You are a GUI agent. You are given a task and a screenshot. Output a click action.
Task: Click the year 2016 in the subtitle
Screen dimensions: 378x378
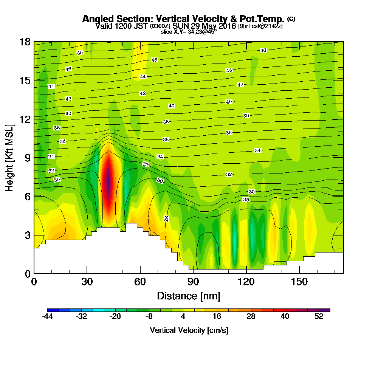[225, 26]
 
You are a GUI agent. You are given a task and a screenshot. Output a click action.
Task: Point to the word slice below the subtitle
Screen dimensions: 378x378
[167, 31]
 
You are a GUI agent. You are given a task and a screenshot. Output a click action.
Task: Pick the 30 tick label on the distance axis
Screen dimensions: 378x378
[87, 282]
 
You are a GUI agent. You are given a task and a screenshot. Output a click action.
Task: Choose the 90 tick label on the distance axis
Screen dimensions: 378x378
[193, 282]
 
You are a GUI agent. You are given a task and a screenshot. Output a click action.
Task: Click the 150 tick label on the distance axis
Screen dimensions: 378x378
[299, 282]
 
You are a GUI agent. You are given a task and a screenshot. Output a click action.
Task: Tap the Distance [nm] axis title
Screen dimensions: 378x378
[189, 296]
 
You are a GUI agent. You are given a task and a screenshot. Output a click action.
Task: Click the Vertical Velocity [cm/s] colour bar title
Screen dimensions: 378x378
[189, 330]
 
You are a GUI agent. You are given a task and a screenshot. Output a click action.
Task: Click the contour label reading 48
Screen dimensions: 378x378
[80, 53]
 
